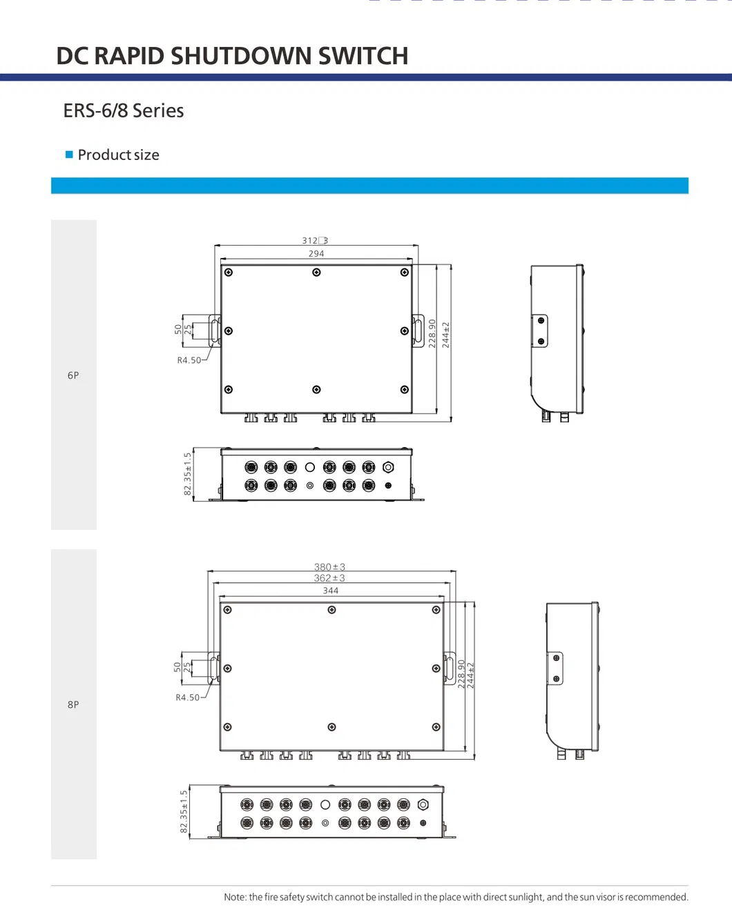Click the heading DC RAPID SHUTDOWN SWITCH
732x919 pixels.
pos(232,56)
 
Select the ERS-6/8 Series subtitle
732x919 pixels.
pos(123,110)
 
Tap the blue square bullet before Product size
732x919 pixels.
pos(69,155)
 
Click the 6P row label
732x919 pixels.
pos(73,375)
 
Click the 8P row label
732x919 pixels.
pos(73,704)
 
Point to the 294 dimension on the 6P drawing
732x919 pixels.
pos(316,254)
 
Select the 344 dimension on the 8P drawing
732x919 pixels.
pos(331,591)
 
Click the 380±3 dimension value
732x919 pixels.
pos(329,567)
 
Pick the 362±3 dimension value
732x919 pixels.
pos(329,578)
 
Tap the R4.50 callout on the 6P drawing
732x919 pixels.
pos(189,360)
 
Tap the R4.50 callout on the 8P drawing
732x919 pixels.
pos(187,698)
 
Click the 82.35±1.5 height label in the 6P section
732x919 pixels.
pos(187,474)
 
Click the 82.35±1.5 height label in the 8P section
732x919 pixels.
pos(184,811)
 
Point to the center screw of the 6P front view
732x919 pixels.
pos(316,273)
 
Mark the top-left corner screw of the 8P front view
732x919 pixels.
pos(227,610)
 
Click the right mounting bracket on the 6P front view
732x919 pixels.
pos(418,330)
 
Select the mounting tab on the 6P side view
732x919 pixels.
pos(540,330)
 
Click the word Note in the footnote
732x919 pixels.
pos(235,897)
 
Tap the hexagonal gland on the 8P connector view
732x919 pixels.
pos(423,804)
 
